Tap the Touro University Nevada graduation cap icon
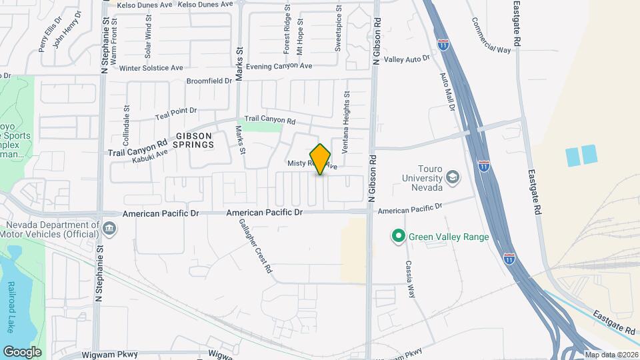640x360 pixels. tap(453, 177)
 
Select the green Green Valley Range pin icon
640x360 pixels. tap(398, 236)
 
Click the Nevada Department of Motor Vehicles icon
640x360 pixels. tap(109, 229)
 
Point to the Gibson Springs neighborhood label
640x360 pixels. tap(194, 139)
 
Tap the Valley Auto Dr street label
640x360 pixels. tap(407, 59)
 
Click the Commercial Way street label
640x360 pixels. tap(491, 35)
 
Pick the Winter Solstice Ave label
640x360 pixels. tap(151, 68)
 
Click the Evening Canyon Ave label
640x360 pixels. tap(279, 67)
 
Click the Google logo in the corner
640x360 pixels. tap(22, 351)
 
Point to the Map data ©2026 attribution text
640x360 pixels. tap(611, 355)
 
